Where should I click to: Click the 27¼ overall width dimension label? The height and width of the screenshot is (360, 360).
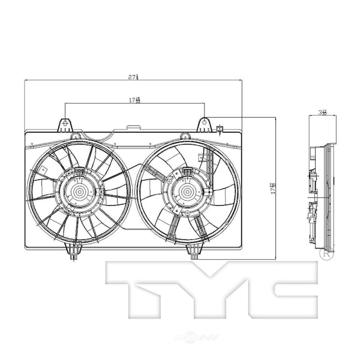(x=133, y=77)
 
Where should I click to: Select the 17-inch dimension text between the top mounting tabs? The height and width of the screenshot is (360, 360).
(x=135, y=100)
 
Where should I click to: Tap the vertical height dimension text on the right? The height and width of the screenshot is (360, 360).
(x=272, y=188)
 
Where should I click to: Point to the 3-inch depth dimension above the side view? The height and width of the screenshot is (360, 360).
(x=322, y=112)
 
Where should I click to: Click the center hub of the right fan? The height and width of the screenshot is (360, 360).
(x=184, y=192)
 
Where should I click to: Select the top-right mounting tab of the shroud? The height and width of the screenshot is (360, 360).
(x=205, y=124)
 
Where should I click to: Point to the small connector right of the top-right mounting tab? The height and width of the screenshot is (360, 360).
(x=220, y=128)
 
